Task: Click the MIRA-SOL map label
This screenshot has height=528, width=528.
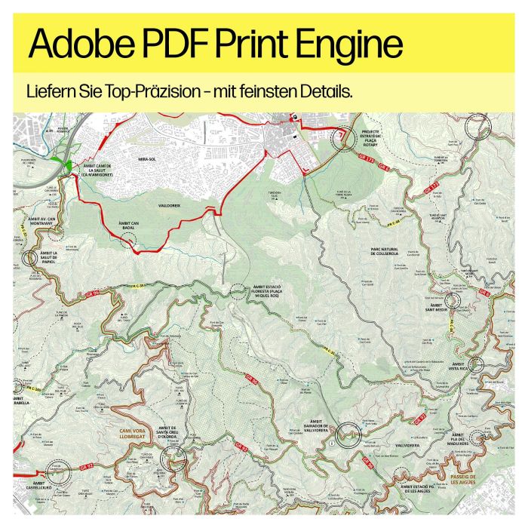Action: pyautogui.click(x=147, y=160)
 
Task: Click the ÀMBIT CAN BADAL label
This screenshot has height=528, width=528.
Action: pyautogui.click(x=129, y=226)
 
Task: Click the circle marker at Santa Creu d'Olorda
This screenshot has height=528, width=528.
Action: pyautogui.click(x=173, y=459)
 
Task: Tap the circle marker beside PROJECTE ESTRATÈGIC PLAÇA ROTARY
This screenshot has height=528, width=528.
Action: pyautogui.click(x=345, y=137)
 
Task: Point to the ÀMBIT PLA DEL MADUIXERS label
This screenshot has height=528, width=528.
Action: pyautogui.click(x=459, y=439)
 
